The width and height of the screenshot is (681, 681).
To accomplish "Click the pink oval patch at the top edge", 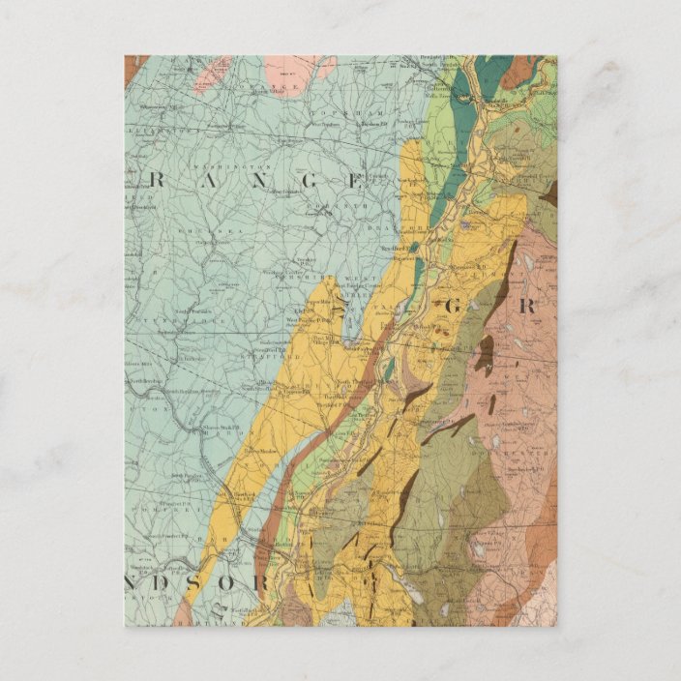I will click(x=298, y=68).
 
